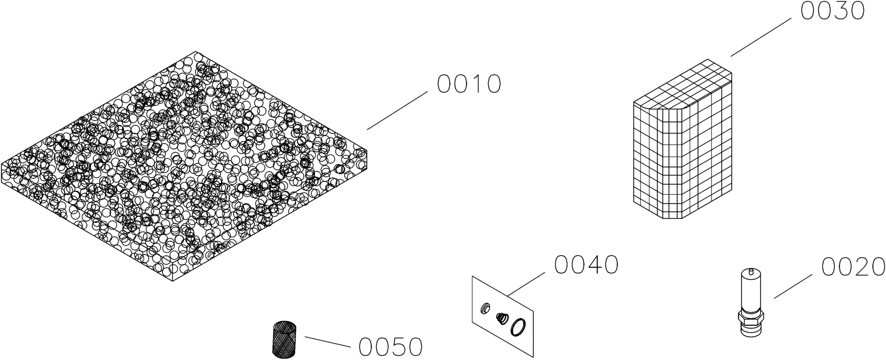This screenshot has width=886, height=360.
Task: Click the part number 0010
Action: tap(469, 84)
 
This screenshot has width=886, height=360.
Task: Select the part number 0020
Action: tap(853, 267)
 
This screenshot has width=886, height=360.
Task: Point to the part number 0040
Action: tap(586, 265)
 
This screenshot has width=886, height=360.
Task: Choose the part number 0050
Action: tap(391, 347)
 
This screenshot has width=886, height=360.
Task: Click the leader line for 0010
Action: tap(397, 111)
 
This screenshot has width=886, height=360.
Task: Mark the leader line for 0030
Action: tap(761, 37)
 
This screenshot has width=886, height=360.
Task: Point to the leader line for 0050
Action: tap(328, 341)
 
